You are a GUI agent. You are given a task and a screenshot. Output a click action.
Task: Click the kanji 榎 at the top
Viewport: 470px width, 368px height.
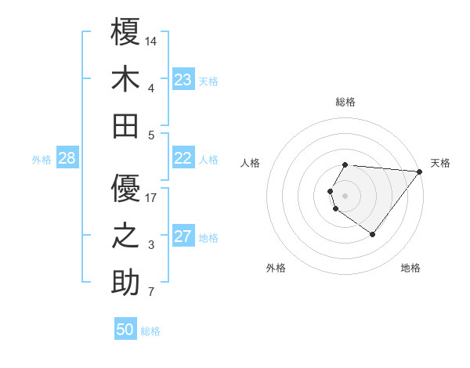coord(125,34)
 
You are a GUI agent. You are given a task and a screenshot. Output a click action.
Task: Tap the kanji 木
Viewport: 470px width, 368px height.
coord(125,81)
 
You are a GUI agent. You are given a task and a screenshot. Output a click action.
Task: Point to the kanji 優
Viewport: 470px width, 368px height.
coord(125,188)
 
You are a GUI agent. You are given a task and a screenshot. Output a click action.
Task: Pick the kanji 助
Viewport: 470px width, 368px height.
coord(125,282)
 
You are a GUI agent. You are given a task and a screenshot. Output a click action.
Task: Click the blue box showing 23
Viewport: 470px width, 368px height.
coord(183,80)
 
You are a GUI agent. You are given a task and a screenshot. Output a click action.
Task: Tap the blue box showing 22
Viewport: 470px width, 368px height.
coord(183,158)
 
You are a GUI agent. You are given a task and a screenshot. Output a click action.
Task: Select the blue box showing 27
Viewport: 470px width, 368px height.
coord(183,236)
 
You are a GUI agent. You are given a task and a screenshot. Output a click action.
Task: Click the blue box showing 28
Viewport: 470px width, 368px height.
coord(67,158)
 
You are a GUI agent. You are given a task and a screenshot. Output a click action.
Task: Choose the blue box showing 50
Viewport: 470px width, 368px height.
coord(125,330)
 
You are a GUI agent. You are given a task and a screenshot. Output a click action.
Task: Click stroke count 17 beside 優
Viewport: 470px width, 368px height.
coord(151,197)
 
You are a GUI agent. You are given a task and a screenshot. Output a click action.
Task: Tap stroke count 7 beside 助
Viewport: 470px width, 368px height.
coord(151,292)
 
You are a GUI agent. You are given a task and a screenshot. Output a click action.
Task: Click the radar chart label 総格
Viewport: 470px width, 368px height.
coord(345,102)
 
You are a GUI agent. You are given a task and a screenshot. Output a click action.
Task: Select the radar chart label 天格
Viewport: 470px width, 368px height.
coord(440,163)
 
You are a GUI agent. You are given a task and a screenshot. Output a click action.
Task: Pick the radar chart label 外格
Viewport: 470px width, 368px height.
coord(276,268)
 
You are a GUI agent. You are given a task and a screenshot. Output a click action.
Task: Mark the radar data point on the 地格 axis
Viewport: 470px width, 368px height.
coord(372,234)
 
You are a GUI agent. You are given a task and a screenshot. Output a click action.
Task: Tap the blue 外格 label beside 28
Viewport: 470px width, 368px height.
coord(42,160)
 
